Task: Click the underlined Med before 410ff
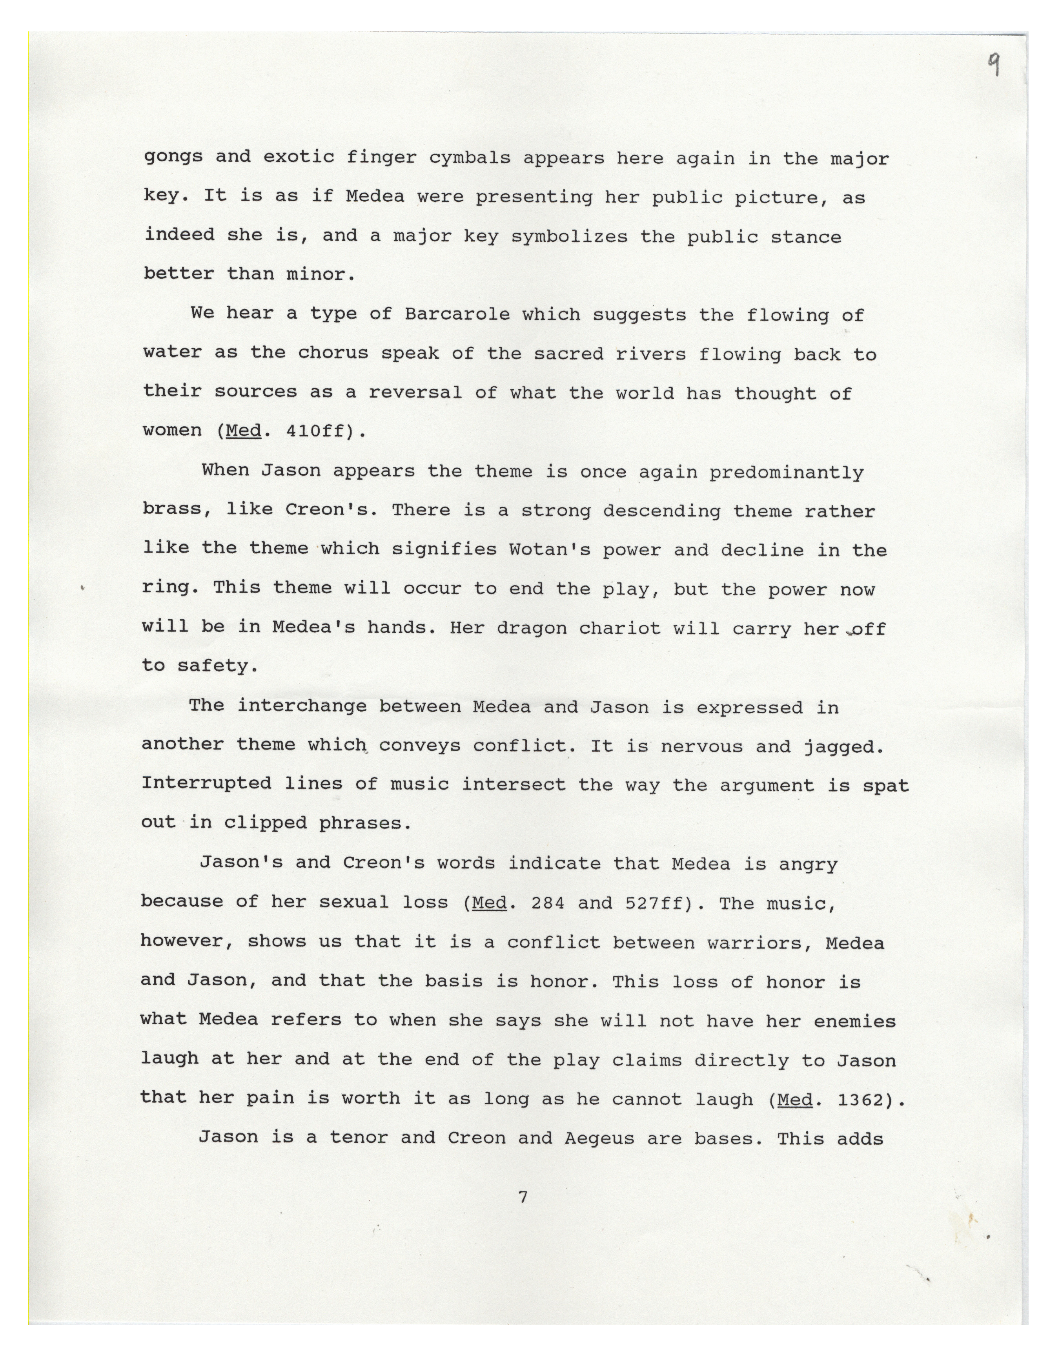(243, 431)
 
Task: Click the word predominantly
(786, 472)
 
